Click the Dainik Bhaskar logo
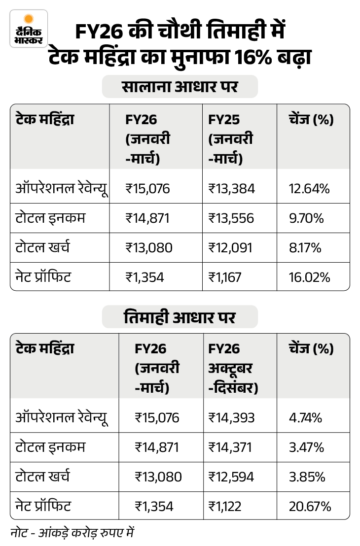[x=29, y=29]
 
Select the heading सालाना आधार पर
[x=180, y=87]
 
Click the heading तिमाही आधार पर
[x=180, y=317]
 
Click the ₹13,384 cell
[x=231, y=188]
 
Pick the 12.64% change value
[x=309, y=188]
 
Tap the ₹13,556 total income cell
[x=231, y=218]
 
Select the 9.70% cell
[x=307, y=218]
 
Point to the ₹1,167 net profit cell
[x=225, y=277]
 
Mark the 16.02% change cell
[x=309, y=277]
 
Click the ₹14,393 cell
[x=231, y=418]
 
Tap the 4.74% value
[x=306, y=418]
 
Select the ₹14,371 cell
[x=230, y=447]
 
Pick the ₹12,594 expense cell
[x=231, y=477]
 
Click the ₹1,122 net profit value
[x=225, y=506]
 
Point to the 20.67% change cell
[x=310, y=506]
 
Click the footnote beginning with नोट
[x=72, y=533]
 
